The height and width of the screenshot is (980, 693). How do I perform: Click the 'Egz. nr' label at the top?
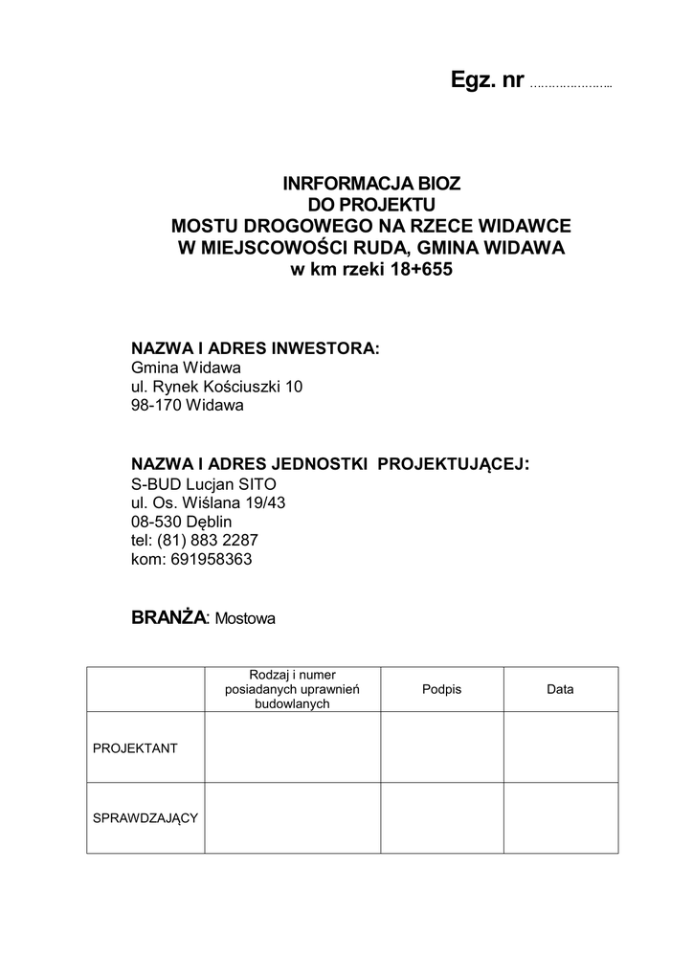(487, 81)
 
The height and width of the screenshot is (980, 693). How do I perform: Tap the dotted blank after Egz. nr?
(570, 85)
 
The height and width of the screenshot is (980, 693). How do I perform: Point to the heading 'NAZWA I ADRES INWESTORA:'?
(256, 347)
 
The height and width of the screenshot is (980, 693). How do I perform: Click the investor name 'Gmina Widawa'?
(186, 367)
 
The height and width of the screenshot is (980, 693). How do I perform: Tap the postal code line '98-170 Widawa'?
(188, 405)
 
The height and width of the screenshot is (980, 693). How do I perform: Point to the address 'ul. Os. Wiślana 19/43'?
(208, 502)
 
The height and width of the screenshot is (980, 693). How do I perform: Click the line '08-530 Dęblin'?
(181, 522)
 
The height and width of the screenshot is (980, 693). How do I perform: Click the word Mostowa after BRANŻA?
(245, 619)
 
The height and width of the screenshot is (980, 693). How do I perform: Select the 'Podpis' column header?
(441, 689)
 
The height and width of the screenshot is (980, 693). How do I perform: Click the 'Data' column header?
(560, 689)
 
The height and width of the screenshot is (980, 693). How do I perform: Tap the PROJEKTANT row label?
(135, 748)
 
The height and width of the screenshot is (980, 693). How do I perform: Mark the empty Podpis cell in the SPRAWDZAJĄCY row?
(442, 818)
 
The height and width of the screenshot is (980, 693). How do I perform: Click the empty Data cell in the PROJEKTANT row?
(560, 747)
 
